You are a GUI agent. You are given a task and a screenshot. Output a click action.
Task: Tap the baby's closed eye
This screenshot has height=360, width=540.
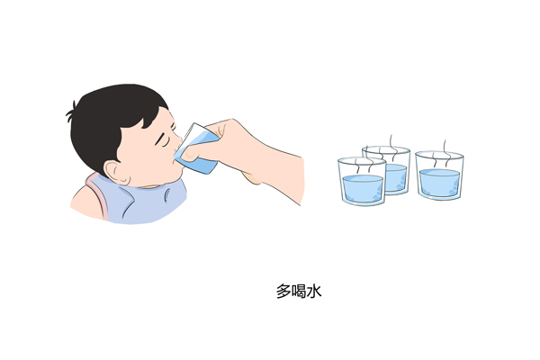[x=162, y=140]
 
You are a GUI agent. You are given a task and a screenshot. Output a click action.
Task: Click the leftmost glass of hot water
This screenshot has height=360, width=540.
[x=362, y=181]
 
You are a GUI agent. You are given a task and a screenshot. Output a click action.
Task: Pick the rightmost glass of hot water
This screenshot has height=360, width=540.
[x=439, y=175]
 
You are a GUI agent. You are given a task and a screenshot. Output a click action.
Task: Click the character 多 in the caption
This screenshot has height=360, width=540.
[x=283, y=292]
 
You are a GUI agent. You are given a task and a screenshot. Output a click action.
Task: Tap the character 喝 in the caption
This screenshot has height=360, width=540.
[x=299, y=292]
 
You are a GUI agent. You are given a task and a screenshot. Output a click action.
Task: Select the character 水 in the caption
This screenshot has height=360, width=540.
[x=314, y=292]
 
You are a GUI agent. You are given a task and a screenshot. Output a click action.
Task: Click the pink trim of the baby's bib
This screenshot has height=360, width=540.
[x=97, y=195]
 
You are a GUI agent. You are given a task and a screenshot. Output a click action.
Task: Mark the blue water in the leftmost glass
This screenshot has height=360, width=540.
[x=363, y=188]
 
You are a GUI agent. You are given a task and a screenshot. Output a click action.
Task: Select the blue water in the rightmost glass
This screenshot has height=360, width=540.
[x=439, y=183]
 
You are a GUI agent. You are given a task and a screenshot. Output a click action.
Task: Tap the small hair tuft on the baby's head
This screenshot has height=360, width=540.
[x=71, y=109]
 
